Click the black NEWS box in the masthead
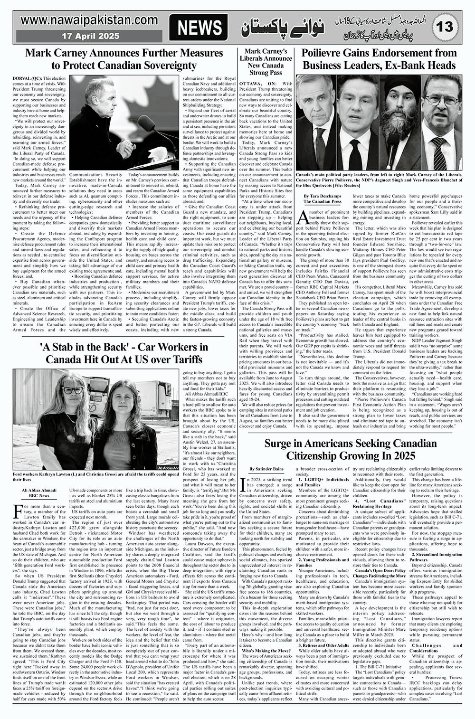click(x=199, y=28)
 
